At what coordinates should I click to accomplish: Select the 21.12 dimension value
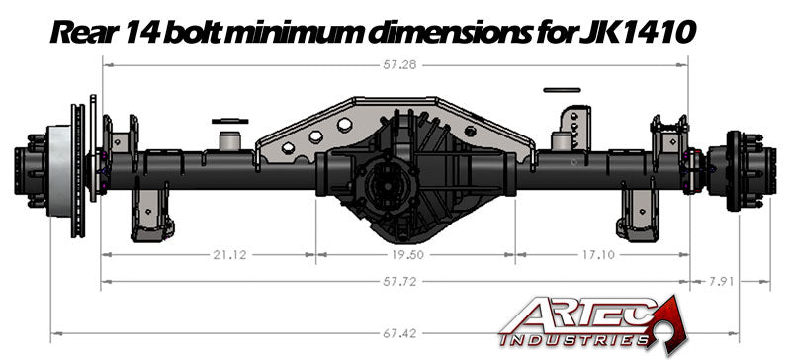pos(229,254)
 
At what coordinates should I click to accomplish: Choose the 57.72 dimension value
pos(393,282)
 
